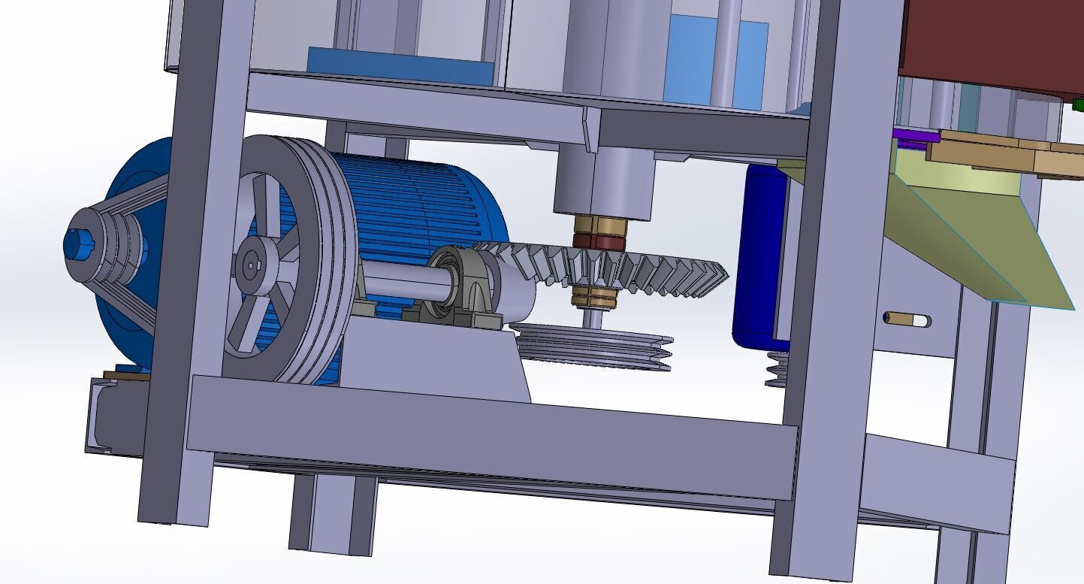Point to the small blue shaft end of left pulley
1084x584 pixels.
point(77,244)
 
